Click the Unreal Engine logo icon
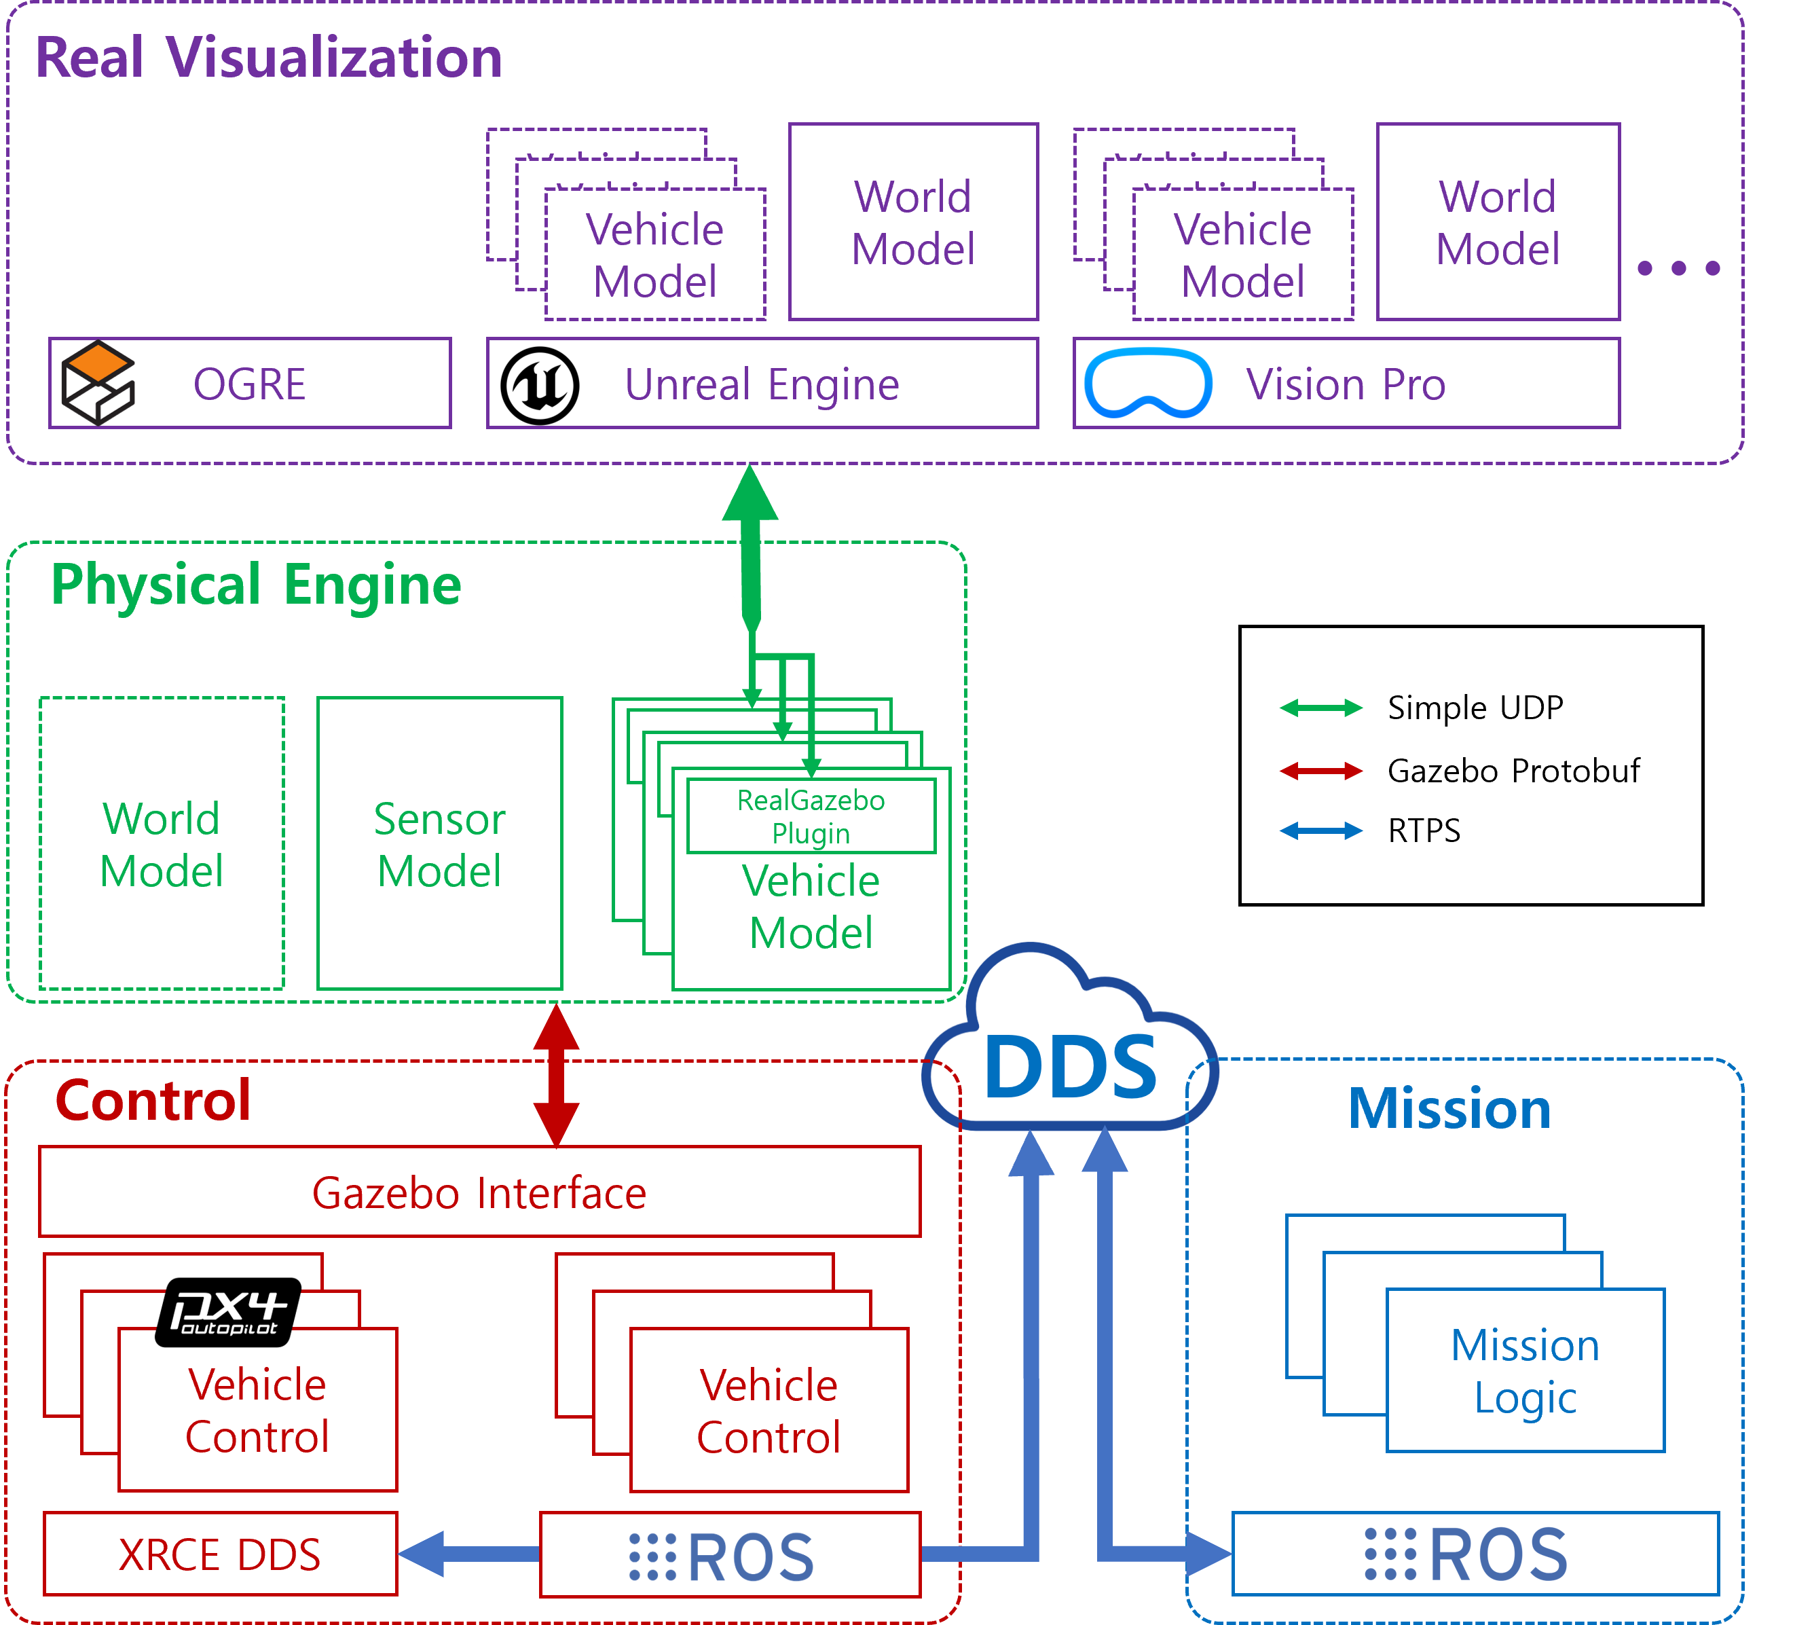[x=539, y=386]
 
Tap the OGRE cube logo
[x=98, y=383]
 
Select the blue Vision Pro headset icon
[x=1148, y=384]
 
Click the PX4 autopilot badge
[x=229, y=1311]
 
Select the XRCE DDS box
[x=219, y=1554]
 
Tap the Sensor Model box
[x=439, y=844]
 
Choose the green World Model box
[x=162, y=844]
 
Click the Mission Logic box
[x=1525, y=1370]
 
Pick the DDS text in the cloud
[x=1069, y=1068]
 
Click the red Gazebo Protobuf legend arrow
[x=1320, y=771]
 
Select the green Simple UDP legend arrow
[x=1320, y=708]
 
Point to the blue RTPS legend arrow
[x=1320, y=831]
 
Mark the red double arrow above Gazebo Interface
[x=556, y=1076]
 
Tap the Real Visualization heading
[x=267, y=58]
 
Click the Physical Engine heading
[x=256, y=585]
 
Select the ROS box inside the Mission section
[x=1475, y=1554]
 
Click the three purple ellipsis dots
[x=1678, y=268]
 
